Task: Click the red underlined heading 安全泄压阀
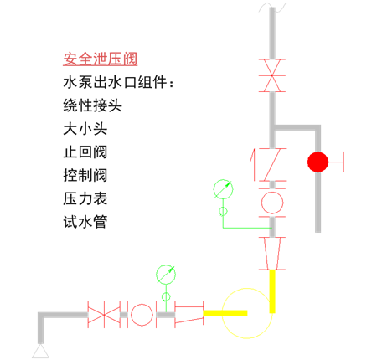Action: point(101,59)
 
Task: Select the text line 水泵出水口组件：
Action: point(119,82)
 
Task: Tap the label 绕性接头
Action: point(92,105)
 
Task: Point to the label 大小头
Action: point(85,129)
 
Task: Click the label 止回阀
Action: point(85,152)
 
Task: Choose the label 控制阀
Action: point(85,175)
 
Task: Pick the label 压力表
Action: point(85,198)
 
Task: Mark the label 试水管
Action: point(85,222)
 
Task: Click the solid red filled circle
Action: point(318,162)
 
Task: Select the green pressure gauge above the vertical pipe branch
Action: point(223,189)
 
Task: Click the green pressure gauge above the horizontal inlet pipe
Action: point(166,275)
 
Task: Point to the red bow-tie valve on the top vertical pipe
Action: point(272,75)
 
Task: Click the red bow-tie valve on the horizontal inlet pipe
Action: point(104,315)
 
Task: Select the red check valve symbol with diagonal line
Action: point(268,165)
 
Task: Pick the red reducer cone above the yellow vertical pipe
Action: point(272,254)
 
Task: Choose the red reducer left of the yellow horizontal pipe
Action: point(189,315)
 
